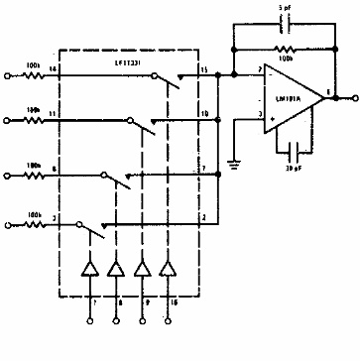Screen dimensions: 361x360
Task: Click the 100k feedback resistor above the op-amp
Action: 285,49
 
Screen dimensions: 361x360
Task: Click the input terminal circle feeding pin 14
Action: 9,72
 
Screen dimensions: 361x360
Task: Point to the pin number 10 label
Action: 201,115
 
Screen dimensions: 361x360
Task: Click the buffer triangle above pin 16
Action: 166,269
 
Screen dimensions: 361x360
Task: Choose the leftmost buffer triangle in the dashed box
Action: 89,269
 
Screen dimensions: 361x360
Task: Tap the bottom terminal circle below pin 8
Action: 115,322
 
